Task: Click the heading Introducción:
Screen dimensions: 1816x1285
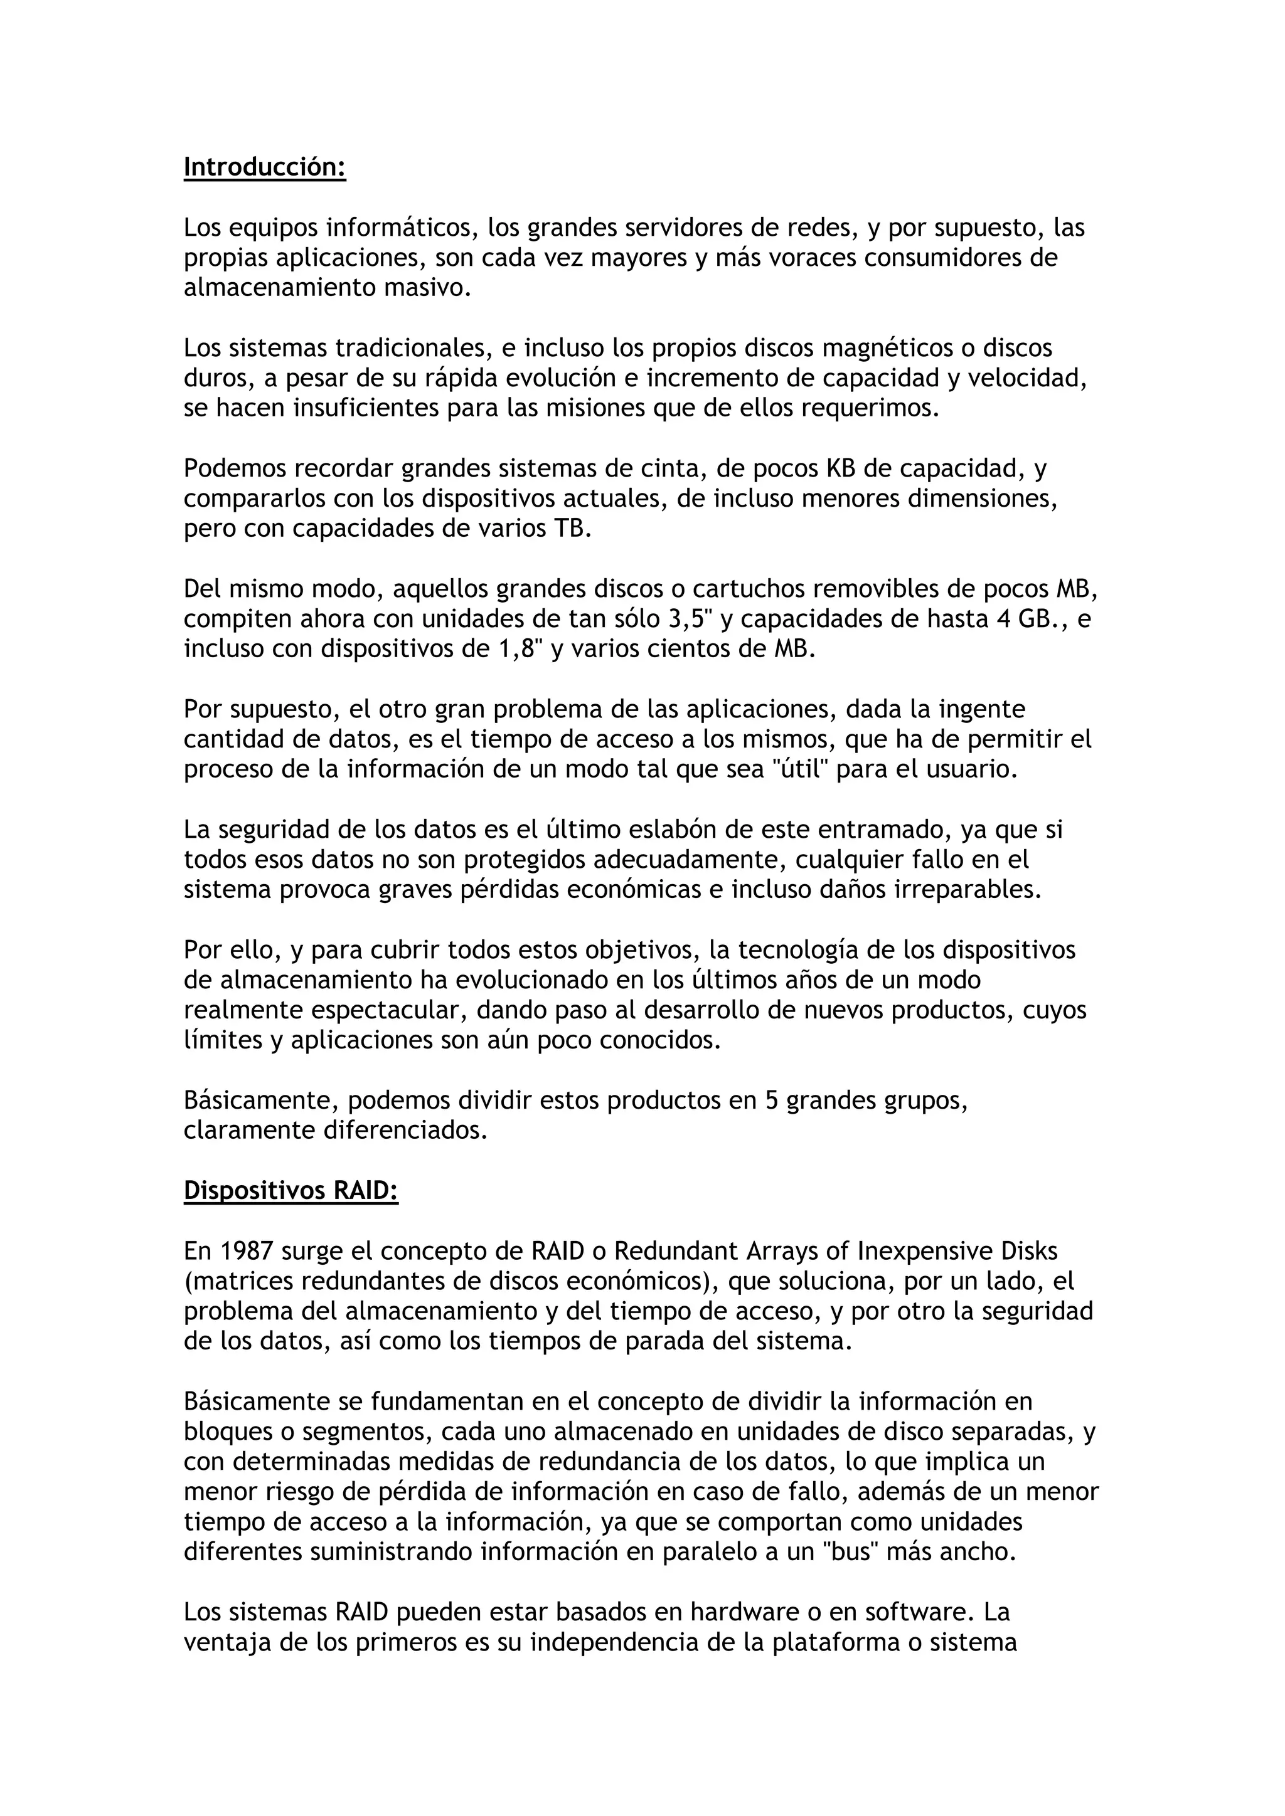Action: [264, 167]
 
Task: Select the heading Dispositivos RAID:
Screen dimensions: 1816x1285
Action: [291, 1191]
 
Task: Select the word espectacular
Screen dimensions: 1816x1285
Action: [385, 1011]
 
